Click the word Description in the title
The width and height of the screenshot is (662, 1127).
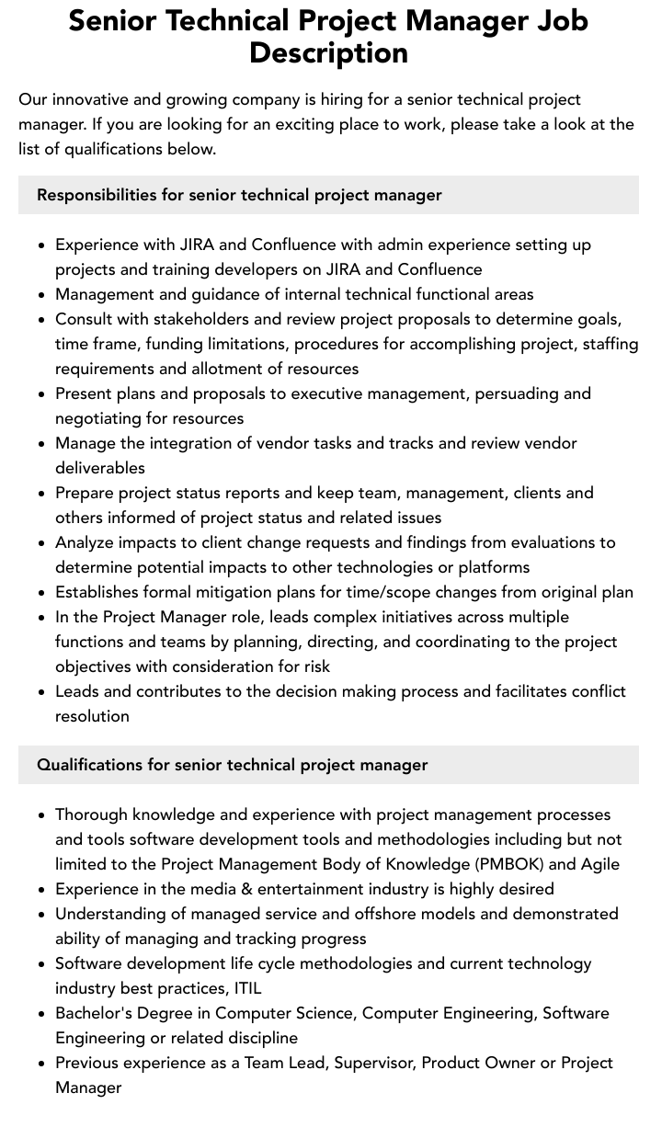(328, 53)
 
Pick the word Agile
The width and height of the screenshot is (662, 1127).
(600, 864)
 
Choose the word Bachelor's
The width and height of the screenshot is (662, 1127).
(97, 1013)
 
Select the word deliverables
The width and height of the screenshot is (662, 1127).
(100, 468)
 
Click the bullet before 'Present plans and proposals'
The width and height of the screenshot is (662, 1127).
(42, 394)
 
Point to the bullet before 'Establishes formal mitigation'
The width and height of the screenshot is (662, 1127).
(42, 593)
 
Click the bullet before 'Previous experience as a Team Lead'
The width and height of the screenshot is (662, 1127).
(42, 1064)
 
